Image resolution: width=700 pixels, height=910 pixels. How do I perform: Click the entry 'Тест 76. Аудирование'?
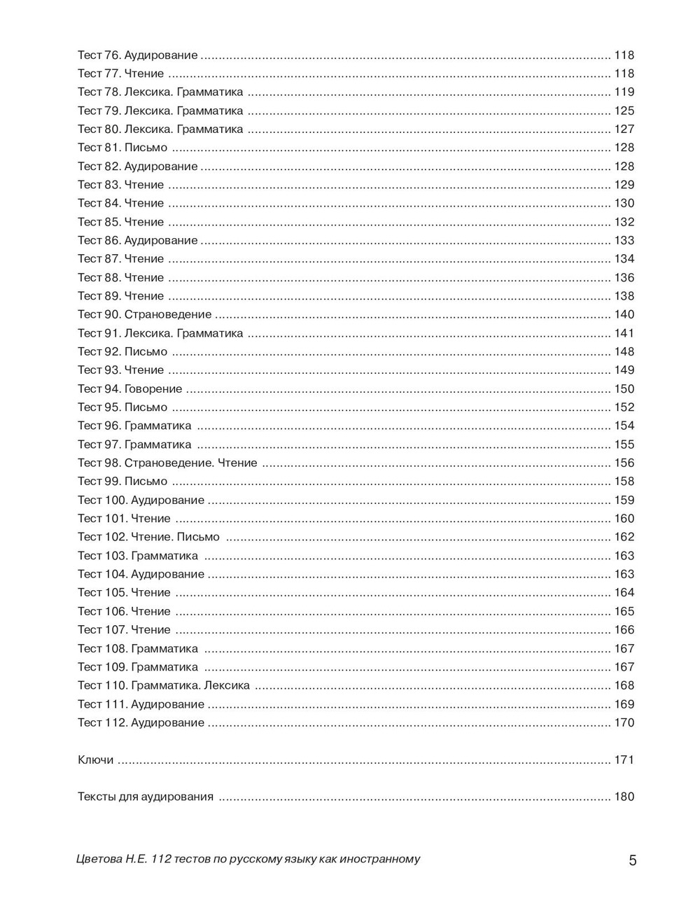tap(137, 55)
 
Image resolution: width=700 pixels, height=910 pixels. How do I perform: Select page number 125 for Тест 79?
tap(624, 111)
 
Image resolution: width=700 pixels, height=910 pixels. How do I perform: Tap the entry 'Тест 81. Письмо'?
tap(122, 148)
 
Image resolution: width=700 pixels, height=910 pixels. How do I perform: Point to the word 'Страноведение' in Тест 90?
tap(168, 315)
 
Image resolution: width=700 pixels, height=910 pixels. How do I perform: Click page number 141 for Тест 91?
tap(624, 333)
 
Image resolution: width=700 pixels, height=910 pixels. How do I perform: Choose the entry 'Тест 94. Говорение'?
tap(129, 389)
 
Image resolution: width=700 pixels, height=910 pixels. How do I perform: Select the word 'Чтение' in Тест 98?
tap(238, 463)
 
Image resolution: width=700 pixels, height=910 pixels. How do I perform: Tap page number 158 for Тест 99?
tap(624, 482)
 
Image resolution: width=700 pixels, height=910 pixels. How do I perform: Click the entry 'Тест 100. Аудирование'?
tap(141, 500)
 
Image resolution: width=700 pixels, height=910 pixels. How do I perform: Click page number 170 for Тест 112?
tap(624, 723)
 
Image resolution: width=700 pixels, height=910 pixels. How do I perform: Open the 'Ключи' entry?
tap(95, 760)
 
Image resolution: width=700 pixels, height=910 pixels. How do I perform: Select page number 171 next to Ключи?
tap(624, 760)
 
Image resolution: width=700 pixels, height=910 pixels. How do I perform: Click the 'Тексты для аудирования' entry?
tap(145, 797)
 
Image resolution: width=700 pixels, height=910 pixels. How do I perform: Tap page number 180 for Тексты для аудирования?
tap(624, 797)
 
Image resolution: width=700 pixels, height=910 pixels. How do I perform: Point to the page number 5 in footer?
tap(633, 861)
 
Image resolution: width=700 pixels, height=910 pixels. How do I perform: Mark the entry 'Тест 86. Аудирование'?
tap(137, 241)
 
